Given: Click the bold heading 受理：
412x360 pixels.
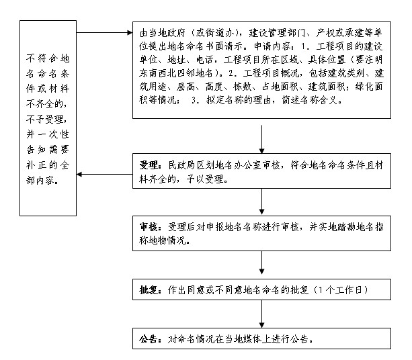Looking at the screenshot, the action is tap(151, 165).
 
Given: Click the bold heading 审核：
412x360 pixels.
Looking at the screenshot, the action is tap(151, 227).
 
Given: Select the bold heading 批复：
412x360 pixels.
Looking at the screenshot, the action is tap(151, 290).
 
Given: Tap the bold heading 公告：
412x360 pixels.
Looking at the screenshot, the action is tap(151, 339).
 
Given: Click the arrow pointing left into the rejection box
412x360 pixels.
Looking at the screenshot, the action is tap(105, 174).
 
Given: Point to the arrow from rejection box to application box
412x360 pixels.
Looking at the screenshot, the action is tap(105, 32).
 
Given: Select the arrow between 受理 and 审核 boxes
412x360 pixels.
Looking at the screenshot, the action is tap(261, 201).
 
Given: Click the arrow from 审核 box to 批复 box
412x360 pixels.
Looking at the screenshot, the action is tap(261, 263).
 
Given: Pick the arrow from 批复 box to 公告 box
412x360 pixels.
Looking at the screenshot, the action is tap(261, 314).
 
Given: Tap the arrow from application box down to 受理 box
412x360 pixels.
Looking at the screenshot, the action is tap(261, 139).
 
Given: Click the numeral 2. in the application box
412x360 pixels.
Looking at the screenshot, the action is tap(232, 73).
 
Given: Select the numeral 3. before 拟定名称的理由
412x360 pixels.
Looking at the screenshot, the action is tap(195, 100).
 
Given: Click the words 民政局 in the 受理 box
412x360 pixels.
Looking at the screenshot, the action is tap(182, 165).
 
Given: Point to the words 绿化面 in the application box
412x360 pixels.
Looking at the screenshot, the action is tap(369, 87).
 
